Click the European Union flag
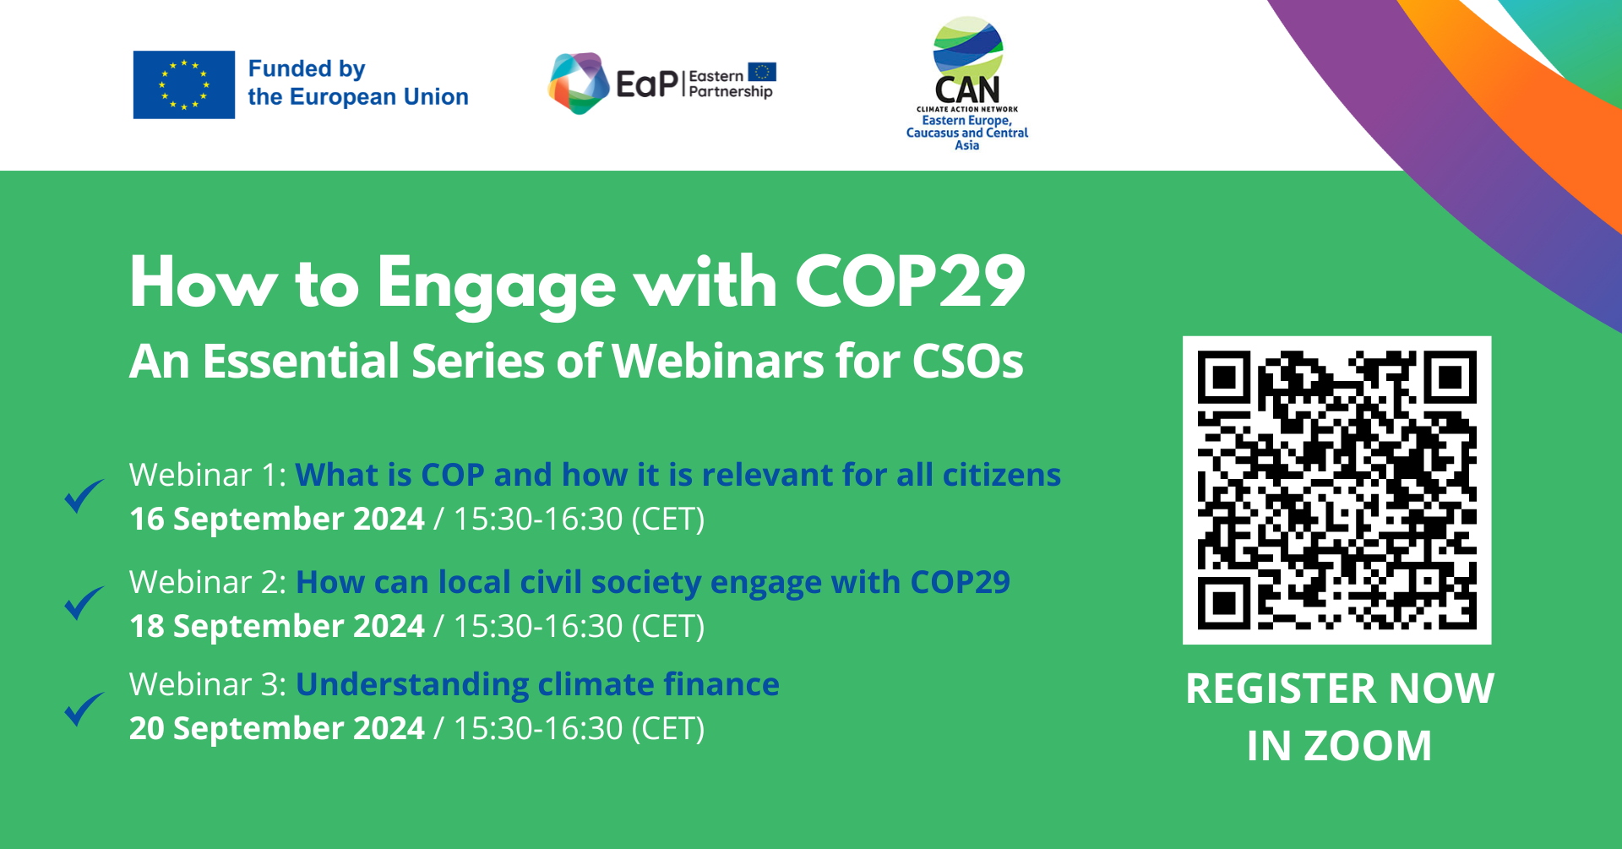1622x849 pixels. click(x=184, y=84)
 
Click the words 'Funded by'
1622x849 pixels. click(x=307, y=69)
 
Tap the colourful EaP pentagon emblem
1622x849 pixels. click(x=579, y=83)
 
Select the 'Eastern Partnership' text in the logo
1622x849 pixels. click(x=731, y=84)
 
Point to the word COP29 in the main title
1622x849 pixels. click(x=910, y=282)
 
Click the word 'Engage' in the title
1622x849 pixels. click(x=497, y=286)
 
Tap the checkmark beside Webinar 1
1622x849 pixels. click(x=84, y=496)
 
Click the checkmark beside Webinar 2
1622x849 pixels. click(x=84, y=602)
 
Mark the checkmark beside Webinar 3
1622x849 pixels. click(x=84, y=709)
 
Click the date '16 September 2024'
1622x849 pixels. click(x=277, y=519)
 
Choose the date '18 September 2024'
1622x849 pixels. click(x=277, y=626)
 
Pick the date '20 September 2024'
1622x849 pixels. click(x=277, y=728)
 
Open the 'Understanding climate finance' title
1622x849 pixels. click(x=537, y=685)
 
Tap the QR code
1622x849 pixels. click(x=1337, y=490)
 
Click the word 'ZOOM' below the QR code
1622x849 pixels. click(x=1368, y=746)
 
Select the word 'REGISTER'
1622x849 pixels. click(x=1282, y=688)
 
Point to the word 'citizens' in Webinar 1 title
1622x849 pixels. click(x=1002, y=475)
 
